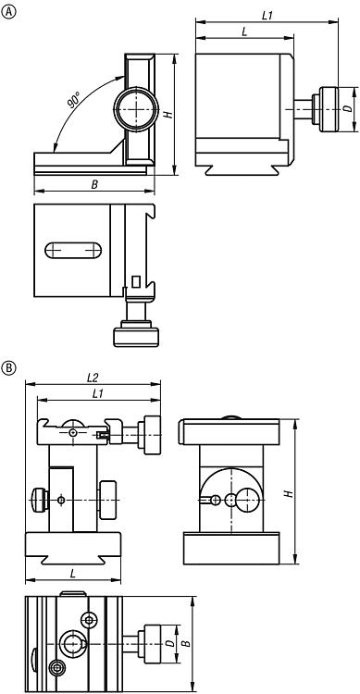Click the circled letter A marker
(9, 11)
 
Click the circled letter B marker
(9, 368)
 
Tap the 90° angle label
(73, 100)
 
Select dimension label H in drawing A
(168, 114)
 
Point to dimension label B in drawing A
(94, 185)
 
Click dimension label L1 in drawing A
(267, 16)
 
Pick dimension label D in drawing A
(349, 108)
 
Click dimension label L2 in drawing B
(93, 378)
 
